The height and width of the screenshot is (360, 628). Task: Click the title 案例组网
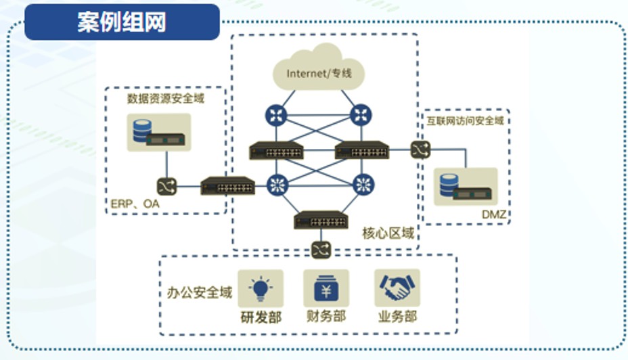pos(122,22)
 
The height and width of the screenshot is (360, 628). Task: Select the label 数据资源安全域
pos(166,99)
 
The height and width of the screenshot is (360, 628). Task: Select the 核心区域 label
pos(388,234)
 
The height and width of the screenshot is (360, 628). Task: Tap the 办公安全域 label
pos(200,292)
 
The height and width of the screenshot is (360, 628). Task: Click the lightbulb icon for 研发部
pos(261,288)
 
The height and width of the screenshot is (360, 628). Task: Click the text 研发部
pos(261,316)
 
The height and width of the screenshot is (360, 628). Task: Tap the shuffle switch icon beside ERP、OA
pos(166,185)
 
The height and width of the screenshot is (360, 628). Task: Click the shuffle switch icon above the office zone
pos(319,249)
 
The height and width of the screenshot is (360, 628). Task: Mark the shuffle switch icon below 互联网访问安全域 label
pos(420,149)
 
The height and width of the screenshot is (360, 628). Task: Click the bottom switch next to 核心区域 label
pos(321,221)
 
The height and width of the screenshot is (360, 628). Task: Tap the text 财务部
pos(326,316)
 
